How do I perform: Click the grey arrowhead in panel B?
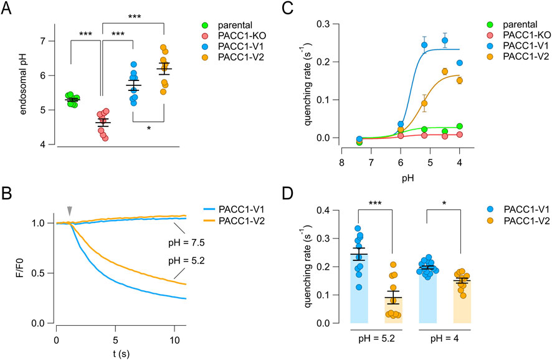[69, 212]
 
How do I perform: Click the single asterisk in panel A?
[148, 128]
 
